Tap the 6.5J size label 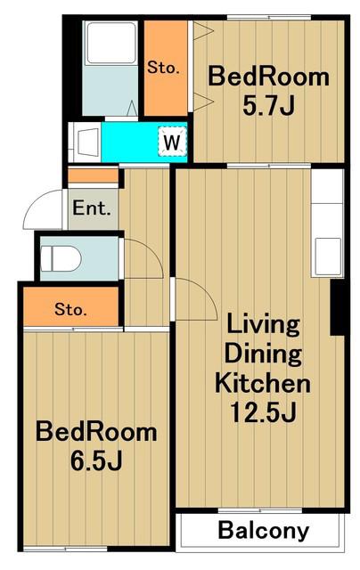96,460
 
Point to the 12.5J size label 263,411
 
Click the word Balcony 263,530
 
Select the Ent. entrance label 92,208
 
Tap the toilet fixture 61,258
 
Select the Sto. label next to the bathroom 163,68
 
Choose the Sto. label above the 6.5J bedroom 70,309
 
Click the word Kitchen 263,382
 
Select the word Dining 263,353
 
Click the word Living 263,324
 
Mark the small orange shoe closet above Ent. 94,176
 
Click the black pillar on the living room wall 338,307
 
